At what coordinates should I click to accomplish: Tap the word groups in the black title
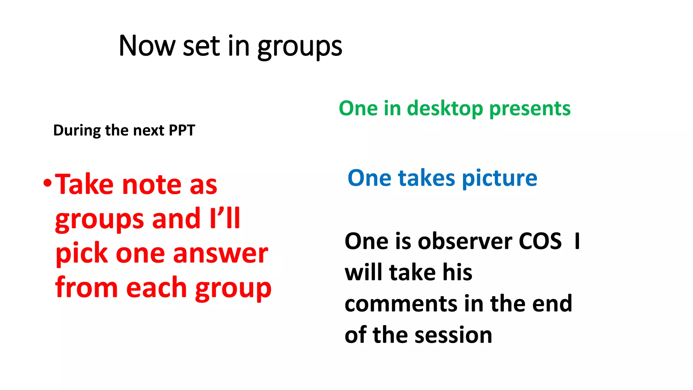[299, 47]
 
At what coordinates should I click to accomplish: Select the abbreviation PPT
[182, 130]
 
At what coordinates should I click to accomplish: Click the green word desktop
[445, 109]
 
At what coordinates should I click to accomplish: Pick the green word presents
[530, 109]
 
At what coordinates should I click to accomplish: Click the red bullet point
[47, 184]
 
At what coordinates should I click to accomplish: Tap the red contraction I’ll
[225, 218]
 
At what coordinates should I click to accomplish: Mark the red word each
[157, 288]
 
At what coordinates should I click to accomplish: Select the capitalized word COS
[540, 241]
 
